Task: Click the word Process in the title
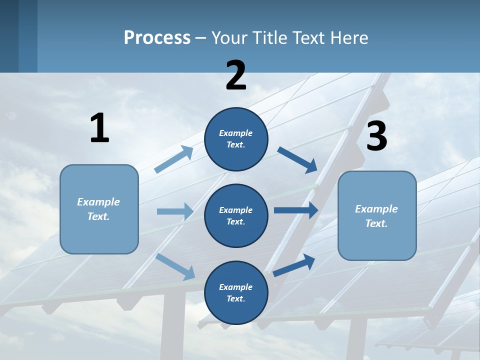pos(157,38)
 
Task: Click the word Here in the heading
pos(348,38)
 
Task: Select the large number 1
pos(99,128)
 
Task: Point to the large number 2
pos(236,75)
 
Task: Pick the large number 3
pos(376,136)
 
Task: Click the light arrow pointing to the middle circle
pos(175,211)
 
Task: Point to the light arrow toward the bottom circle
pos(175,266)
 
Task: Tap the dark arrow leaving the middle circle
pos(295,210)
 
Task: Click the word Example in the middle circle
pos(235,210)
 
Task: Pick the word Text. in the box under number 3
pos(376,223)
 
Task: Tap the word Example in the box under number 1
pos(98,202)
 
